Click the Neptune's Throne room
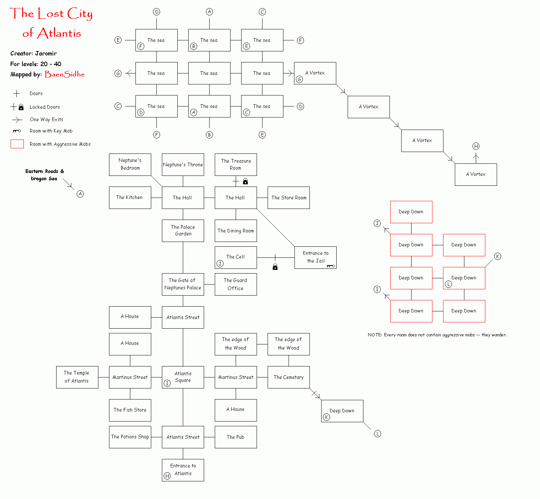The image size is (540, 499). pyautogui.click(x=183, y=164)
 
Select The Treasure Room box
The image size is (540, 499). pyautogui.click(x=236, y=164)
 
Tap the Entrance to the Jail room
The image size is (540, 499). pyautogui.click(x=315, y=257)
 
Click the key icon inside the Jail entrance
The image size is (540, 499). pyautogui.click(x=331, y=266)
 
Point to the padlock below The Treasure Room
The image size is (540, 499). pyautogui.click(x=245, y=181)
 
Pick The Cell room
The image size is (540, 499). pyautogui.click(x=236, y=257)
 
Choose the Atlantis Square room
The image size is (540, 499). pyautogui.click(x=183, y=377)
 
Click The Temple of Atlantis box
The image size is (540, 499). pyautogui.click(x=77, y=377)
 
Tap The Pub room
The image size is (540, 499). pyautogui.click(x=236, y=437)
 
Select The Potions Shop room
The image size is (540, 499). pyautogui.click(x=130, y=437)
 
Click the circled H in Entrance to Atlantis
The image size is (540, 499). pyautogui.click(x=167, y=476)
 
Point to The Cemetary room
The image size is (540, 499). pyautogui.click(x=289, y=377)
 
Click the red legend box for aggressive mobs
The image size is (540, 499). pyautogui.click(x=17, y=144)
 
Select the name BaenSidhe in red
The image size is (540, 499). pyautogui.click(x=65, y=74)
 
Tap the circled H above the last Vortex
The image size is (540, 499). pyautogui.click(x=476, y=146)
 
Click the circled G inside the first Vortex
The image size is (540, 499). pyautogui.click(x=300, y=80)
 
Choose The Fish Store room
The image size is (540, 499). pyautogui.click(x=130, y=410)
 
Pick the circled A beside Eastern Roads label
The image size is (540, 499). pyautogui.click(x=80, y=194)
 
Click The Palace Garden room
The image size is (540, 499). pyautogui.click(x=183, y=231)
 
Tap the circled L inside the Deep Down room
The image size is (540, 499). pyautogui.click(x=448, y=284)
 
